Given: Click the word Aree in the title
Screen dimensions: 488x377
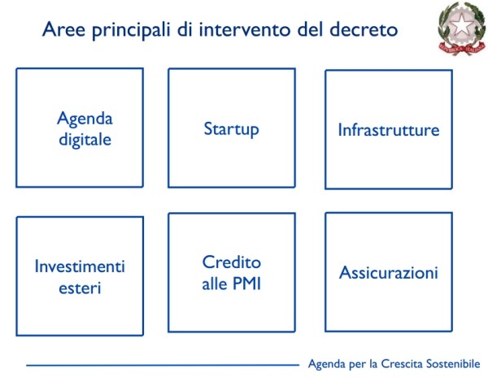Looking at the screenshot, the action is (63, 29).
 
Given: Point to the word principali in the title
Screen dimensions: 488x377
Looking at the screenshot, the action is (131, 31).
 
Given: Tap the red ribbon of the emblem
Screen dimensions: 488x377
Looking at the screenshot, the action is (462, 48).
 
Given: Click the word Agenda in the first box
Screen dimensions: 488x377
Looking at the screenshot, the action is (85, 119).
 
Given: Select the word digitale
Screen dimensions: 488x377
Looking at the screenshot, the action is (85, 140).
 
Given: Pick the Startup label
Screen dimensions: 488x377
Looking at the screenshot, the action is (231, 129).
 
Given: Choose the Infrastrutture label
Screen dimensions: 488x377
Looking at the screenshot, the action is (389, 130).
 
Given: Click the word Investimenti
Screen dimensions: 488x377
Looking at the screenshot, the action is (80, 266).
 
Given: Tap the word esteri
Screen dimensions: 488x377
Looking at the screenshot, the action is (80, 288).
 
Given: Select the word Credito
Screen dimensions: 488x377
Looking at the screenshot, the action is (232, 262).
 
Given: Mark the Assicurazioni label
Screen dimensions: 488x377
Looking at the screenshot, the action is (389, 272).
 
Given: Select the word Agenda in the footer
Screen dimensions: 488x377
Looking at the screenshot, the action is (327, 364).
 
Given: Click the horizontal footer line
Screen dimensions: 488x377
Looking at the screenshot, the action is (163, 365).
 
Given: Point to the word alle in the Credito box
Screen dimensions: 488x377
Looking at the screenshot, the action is (215, 284).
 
